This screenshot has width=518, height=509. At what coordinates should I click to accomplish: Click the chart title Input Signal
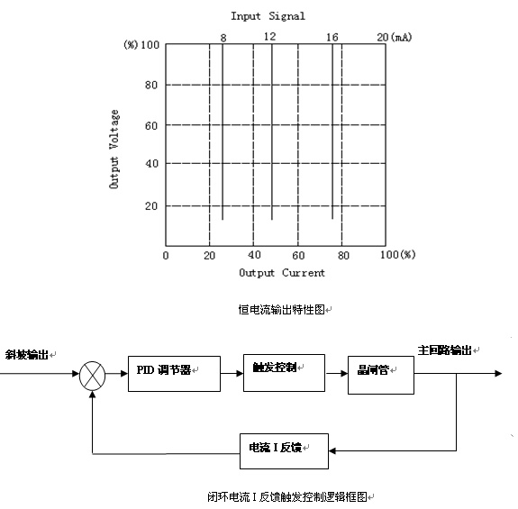coord(268,15)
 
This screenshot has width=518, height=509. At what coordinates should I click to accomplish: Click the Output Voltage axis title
coord(114,149)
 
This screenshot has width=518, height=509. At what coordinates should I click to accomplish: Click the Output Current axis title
coord(282,272)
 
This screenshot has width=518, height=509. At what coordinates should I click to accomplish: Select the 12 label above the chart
coord(269,36)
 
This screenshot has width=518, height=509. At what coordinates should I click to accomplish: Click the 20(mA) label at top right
coord(395,36)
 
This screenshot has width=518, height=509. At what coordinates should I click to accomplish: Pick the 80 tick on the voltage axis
coord(150,85)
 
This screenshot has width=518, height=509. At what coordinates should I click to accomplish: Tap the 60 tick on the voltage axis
coord(150,124)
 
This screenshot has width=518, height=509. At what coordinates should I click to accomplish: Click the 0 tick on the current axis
coord(165,255)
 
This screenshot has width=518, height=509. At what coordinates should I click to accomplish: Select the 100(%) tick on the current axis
coord(396,255)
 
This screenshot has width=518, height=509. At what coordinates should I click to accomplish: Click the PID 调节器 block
coord(174,371)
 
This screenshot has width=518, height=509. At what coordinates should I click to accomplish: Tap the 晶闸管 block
coord(380,370)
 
